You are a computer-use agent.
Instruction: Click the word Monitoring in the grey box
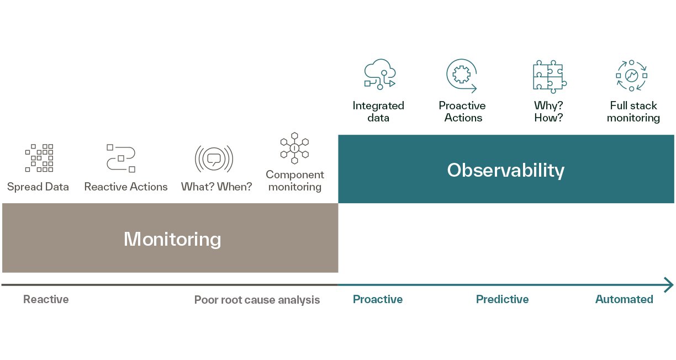(x=172, y=239)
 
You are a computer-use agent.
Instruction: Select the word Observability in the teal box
(x=505, y=171)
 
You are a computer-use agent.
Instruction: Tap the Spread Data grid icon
(x=39, y=158)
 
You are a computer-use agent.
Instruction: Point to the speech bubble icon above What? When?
(x=214, y=158)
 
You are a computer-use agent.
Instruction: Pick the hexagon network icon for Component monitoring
(x=294, y=148)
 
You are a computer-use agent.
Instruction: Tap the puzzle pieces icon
(x=550, y=77)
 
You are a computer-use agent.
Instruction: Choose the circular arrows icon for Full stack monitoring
(x=631, y=76)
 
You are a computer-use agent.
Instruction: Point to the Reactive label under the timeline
(x=46, y=299)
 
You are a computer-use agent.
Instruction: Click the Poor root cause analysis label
(x=257, y=300)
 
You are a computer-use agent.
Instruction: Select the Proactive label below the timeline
(x=378, y=299)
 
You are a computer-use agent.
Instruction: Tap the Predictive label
(x=502, y=299)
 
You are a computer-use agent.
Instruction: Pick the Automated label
(x=624, y=299)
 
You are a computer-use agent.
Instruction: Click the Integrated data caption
(x=378, y=112)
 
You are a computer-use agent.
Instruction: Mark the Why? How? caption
(x=548, y=112)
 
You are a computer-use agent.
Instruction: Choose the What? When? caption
(x=216, y=187)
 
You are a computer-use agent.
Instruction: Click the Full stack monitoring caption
(x=633, y=112)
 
